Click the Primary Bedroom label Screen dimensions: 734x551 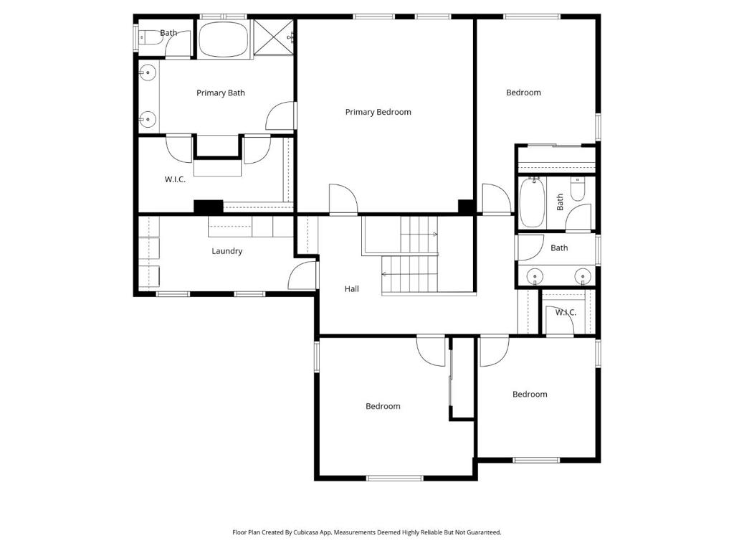tap(378, 112)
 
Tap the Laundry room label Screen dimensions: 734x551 tap(227, 251)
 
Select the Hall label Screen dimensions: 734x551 tap(351, 289)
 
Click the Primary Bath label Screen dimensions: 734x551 tap(221, 93)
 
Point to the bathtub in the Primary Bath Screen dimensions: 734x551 tap(224, 39)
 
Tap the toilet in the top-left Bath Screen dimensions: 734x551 tap(149, 37)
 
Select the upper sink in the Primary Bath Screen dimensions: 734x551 tap(148, 72)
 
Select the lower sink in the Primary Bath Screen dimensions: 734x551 tap(148, 119)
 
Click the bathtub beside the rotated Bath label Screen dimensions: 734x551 tap(533, 202)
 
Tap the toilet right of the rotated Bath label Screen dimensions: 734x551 tap(578, 189)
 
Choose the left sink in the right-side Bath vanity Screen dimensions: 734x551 tap(534, 277)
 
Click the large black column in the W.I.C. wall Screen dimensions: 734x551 tap(209, 207)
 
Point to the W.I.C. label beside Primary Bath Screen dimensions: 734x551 tap(175, 179)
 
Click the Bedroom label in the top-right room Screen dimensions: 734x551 tap(523, 93)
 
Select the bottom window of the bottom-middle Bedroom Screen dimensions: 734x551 tap(395, 478)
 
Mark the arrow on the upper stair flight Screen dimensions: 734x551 tap(419, 235)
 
